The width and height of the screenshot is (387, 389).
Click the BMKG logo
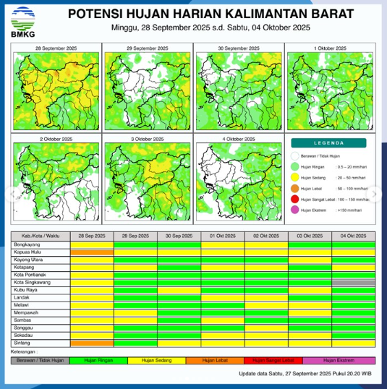tap(20, 22)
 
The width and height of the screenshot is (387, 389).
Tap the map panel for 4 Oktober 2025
tap(239, 180)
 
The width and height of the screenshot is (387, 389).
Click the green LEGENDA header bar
tap(331, 143)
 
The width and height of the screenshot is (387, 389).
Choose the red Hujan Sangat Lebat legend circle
tap(295, 198)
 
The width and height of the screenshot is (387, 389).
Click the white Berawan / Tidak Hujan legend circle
tap(295, 155)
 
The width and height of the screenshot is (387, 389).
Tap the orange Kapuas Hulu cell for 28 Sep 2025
tap(93, 252)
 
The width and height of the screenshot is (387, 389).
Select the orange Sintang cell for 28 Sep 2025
tap(93, 343)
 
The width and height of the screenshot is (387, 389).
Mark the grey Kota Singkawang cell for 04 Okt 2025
tap(354, 282)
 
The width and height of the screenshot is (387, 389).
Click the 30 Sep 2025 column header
tap(179, 236)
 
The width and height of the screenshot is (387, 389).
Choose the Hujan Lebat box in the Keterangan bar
tap(215, 359)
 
